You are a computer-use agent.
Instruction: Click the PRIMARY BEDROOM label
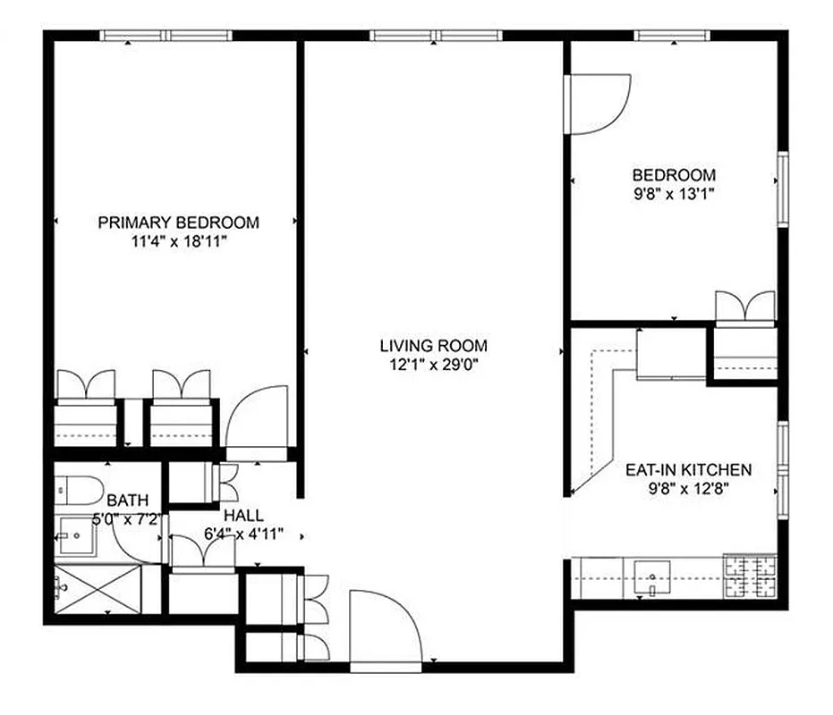[x=178, y=223]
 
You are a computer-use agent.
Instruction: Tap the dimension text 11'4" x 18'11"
[x=178, y=241]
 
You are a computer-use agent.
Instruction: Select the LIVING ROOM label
[x=434, y=345]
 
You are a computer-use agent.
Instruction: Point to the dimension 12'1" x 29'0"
[x=434, y=364]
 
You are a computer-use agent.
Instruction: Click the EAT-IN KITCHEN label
[x=688, y=470]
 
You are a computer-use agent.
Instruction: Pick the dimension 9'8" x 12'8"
[x=688, y=489]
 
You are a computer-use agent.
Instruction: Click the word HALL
[x=243, y=516]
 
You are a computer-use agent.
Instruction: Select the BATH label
[x=128, y=500]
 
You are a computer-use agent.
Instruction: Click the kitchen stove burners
[x=750, y=577]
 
